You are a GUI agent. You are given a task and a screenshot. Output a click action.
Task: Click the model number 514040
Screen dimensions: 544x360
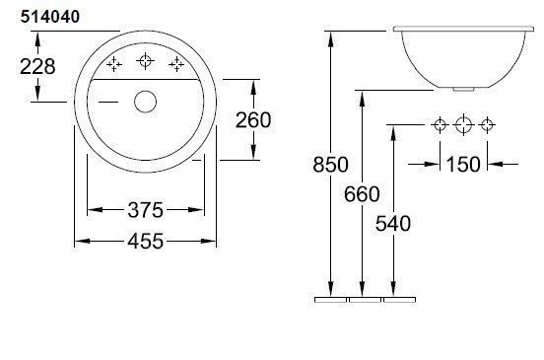click(50, 17)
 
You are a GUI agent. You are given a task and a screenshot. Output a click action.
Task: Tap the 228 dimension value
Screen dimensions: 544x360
click(37, 66)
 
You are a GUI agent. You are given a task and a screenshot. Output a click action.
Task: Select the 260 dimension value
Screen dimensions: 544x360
click(253, 120)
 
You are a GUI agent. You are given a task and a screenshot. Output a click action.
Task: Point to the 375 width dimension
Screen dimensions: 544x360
click(146, 210)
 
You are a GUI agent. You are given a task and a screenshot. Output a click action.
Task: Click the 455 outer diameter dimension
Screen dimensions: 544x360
click(146, 241)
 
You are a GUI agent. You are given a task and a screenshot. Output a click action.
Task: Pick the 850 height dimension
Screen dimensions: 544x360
click(330, 164)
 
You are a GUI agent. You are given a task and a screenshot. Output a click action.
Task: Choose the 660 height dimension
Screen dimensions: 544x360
click(362, 193)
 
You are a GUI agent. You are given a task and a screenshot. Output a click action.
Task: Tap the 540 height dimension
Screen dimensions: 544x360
click(393, 223)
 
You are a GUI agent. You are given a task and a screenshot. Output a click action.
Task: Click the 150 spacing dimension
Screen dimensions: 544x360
click(463, 164)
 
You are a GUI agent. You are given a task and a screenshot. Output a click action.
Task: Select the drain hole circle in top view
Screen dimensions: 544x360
click(146, 102)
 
